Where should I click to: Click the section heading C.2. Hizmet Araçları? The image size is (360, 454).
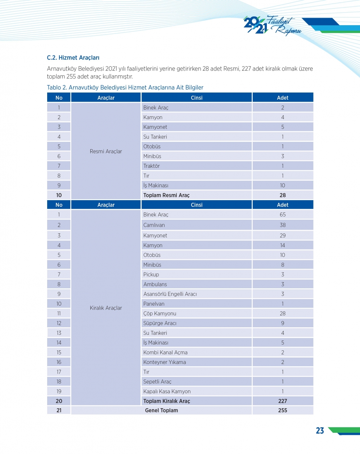pos(73,58)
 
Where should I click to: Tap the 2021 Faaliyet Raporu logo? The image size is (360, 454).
pos(272,26)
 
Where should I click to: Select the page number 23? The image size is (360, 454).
pos(320,431)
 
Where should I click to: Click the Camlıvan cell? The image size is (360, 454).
pos(154,225)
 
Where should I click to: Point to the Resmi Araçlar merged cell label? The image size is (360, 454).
pos(106,151)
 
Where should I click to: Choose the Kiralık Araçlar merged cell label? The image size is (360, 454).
pos(106,308)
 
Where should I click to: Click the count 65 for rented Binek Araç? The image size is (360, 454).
pos(283,215)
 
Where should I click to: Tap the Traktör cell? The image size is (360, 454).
pos(152,166)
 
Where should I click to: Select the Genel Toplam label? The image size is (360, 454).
pos(161,410)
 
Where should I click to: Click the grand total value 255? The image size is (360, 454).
pos(283,410)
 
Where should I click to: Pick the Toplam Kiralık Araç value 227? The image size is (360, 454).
pos(283,401)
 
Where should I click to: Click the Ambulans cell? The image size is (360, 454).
pos(155,284)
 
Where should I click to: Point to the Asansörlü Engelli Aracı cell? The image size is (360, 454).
pos(170,294)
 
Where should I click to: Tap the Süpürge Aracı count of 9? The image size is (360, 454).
pos(283,323)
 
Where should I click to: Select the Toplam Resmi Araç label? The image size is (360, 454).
pos(166,195)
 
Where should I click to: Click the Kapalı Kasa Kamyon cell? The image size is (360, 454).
pos(167,391)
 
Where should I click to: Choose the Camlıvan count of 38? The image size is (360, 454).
pos(283,225)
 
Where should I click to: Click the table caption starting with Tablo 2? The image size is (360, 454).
pos(125,87)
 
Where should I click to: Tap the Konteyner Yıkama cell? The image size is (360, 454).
pos(165,362)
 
